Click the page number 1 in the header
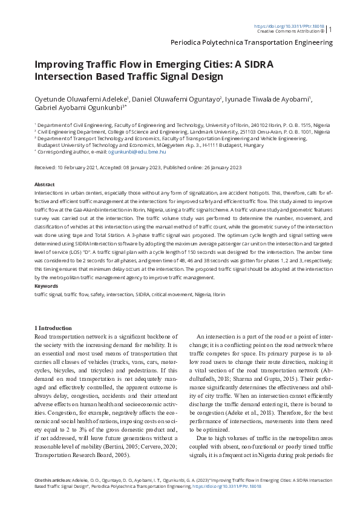330,28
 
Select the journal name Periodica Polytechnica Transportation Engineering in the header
252,43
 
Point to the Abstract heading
45,184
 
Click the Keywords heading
46,285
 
